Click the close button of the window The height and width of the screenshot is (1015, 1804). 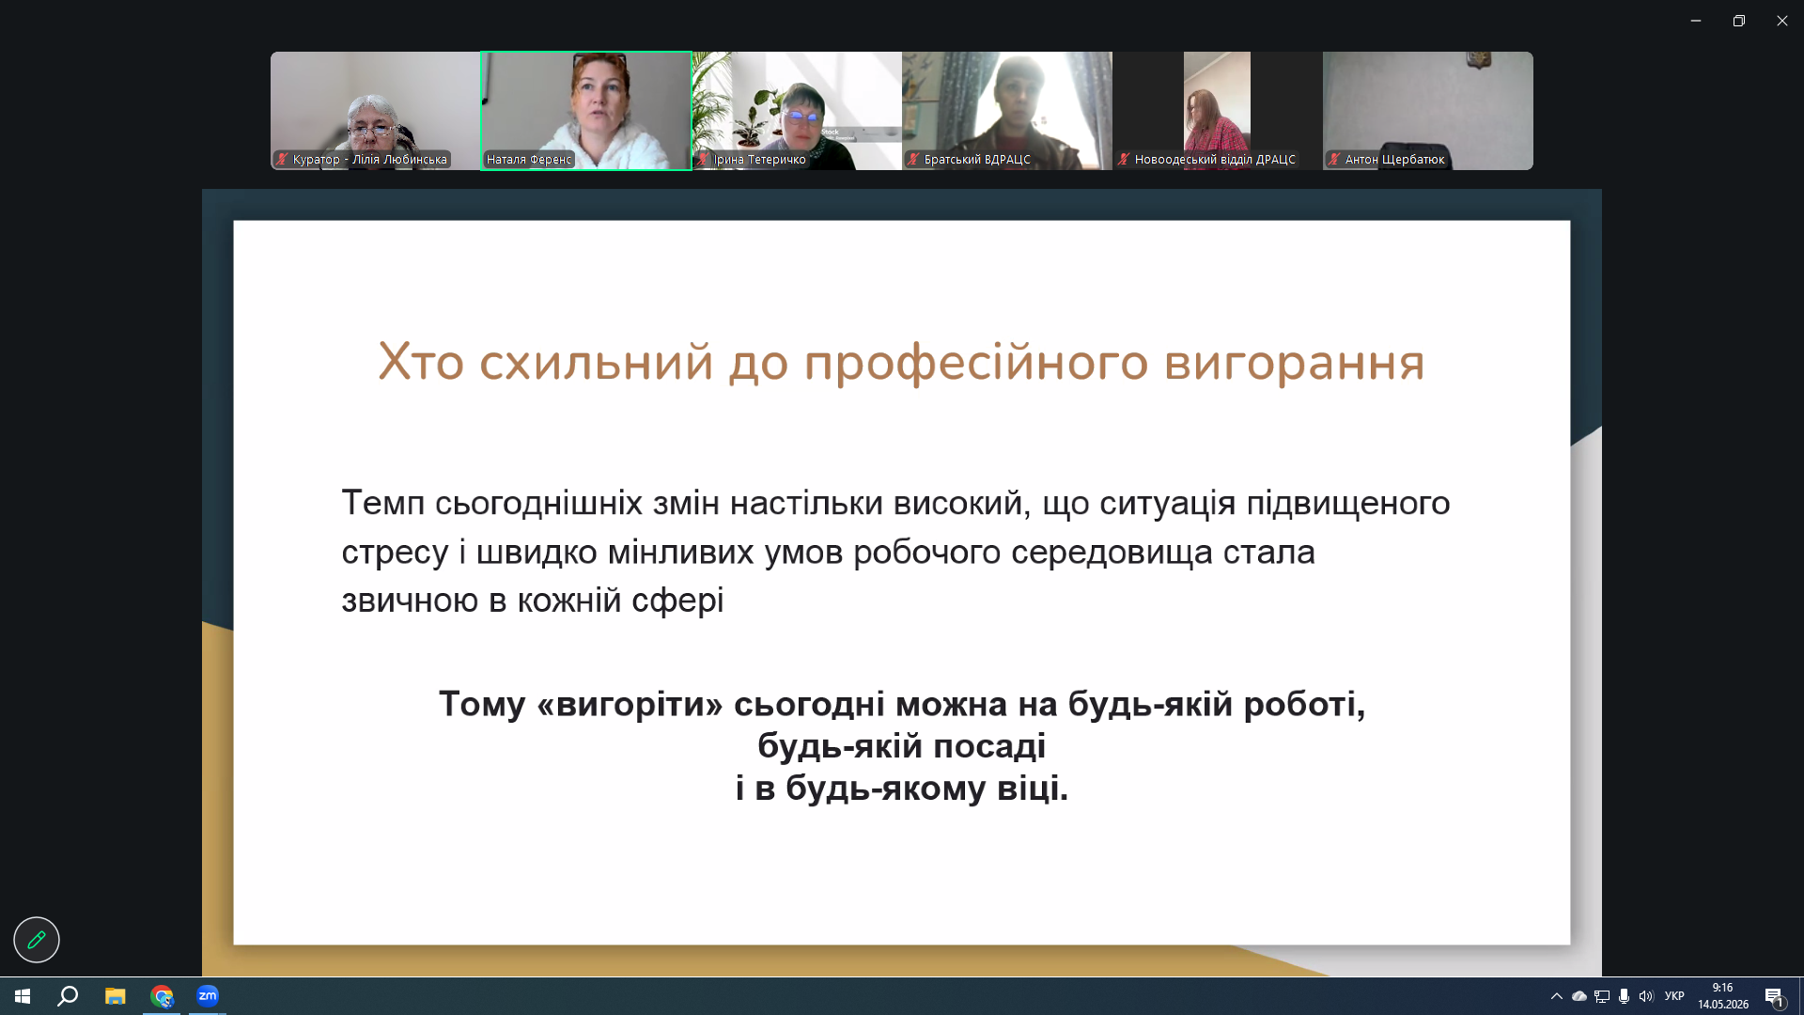pos(1781,21)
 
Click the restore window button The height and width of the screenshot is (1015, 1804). pos(1739,21)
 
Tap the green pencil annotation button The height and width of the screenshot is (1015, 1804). pos(37,940)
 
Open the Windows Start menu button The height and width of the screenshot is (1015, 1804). pos(23,996)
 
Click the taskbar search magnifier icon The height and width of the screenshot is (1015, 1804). pos(68,996)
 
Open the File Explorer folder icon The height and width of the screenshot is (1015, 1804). pos(116,996)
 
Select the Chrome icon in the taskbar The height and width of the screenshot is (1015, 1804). pos(162,996)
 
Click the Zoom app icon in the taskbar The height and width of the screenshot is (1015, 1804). pos(208,996)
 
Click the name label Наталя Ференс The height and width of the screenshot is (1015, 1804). pos(529,160)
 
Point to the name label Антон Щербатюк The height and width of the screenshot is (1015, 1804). pos(1394,160)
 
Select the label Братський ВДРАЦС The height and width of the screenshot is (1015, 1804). pos(977,160)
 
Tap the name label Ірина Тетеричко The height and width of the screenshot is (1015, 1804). pos(759,160)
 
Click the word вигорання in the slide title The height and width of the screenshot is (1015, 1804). pos(1294,363)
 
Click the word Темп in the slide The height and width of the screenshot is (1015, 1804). pos(383,503)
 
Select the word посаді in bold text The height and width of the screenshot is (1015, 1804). pos(989,745)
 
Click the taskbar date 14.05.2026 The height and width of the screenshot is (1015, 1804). pos(1723,1005)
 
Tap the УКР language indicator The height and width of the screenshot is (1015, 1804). pos(1674,996)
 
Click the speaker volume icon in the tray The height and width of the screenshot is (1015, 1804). pos(1646,996)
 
